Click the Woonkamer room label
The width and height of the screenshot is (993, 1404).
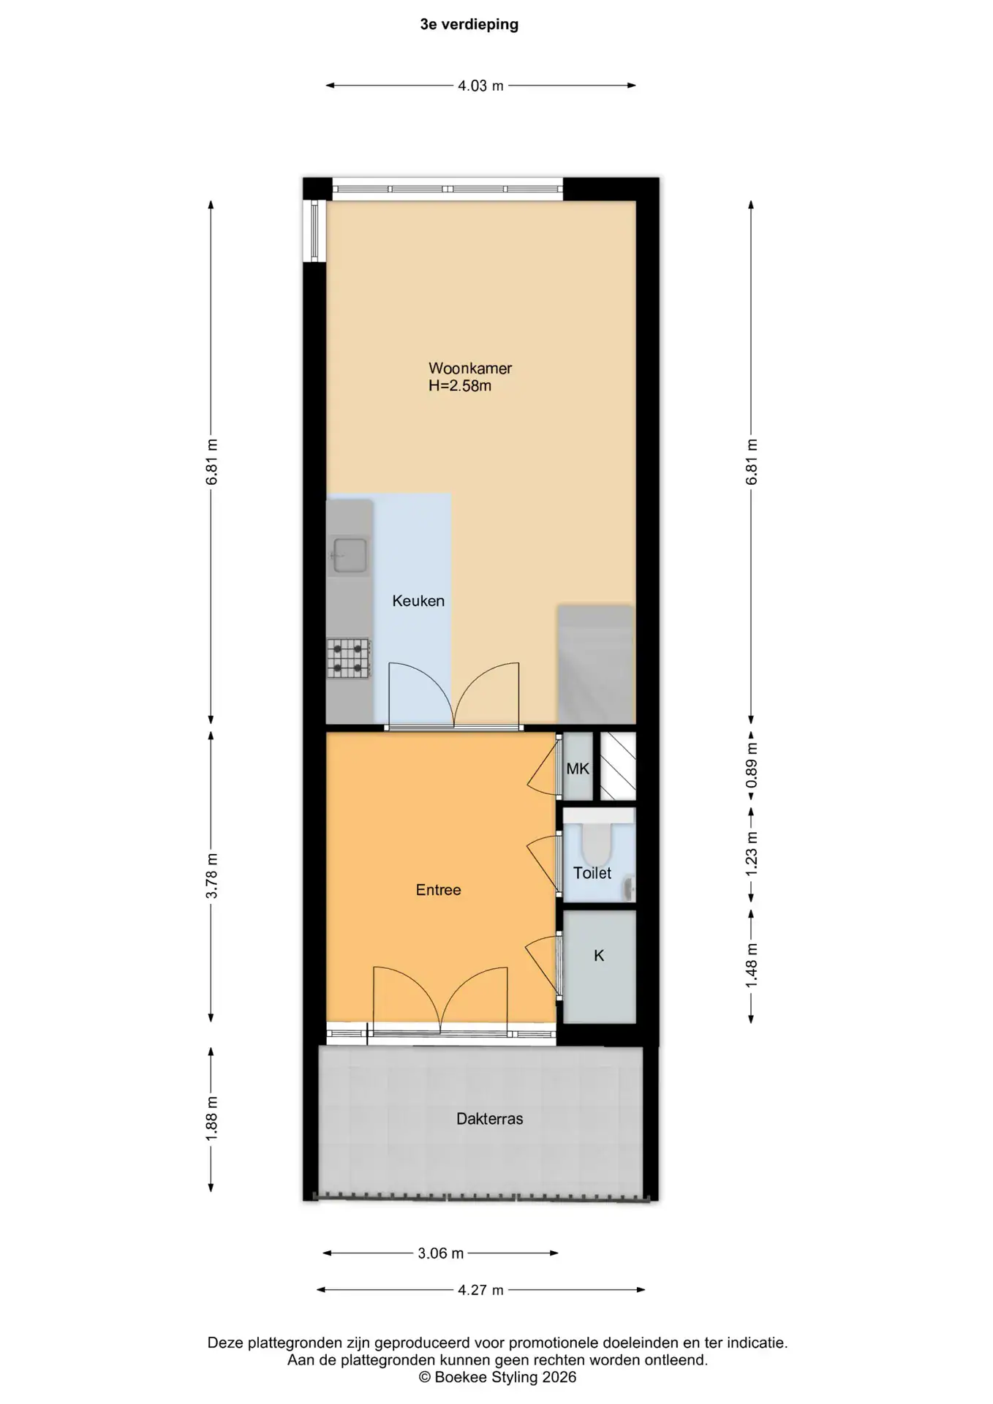(470, 369)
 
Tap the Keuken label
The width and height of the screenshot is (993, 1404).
(418, 601)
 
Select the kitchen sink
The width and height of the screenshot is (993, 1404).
(350, 555)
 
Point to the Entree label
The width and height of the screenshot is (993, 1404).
(439, 890)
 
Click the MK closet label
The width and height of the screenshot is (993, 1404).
(578, 769)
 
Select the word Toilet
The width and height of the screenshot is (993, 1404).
(592, 873)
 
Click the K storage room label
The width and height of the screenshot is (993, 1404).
(599, 956)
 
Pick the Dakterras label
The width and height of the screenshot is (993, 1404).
(490, 1119)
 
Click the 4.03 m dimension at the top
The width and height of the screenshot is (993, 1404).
(480, 86)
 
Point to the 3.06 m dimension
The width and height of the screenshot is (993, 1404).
(441, 1253)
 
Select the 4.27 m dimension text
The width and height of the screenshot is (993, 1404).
(480, 1290)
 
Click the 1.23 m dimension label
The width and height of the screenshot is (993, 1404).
(752, 854)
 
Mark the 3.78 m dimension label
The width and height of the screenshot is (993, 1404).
(212, 876)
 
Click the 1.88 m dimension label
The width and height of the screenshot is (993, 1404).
(212, 1119)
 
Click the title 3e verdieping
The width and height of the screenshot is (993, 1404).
(469, 25)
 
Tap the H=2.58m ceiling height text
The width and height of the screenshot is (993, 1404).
(460, 386)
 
